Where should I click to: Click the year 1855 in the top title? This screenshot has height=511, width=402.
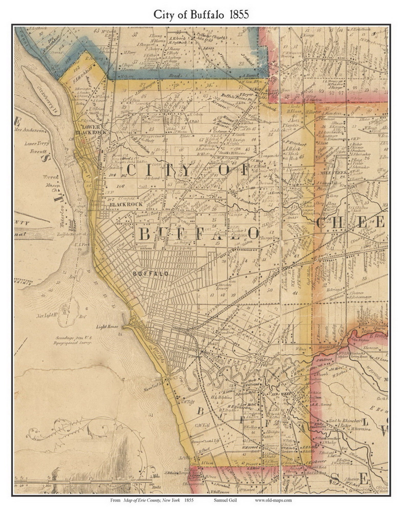(239, 15)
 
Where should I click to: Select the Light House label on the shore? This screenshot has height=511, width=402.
(107, 327)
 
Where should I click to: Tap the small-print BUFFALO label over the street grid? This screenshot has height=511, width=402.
(151, 274)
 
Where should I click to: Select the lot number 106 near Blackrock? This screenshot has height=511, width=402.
(120, 186)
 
